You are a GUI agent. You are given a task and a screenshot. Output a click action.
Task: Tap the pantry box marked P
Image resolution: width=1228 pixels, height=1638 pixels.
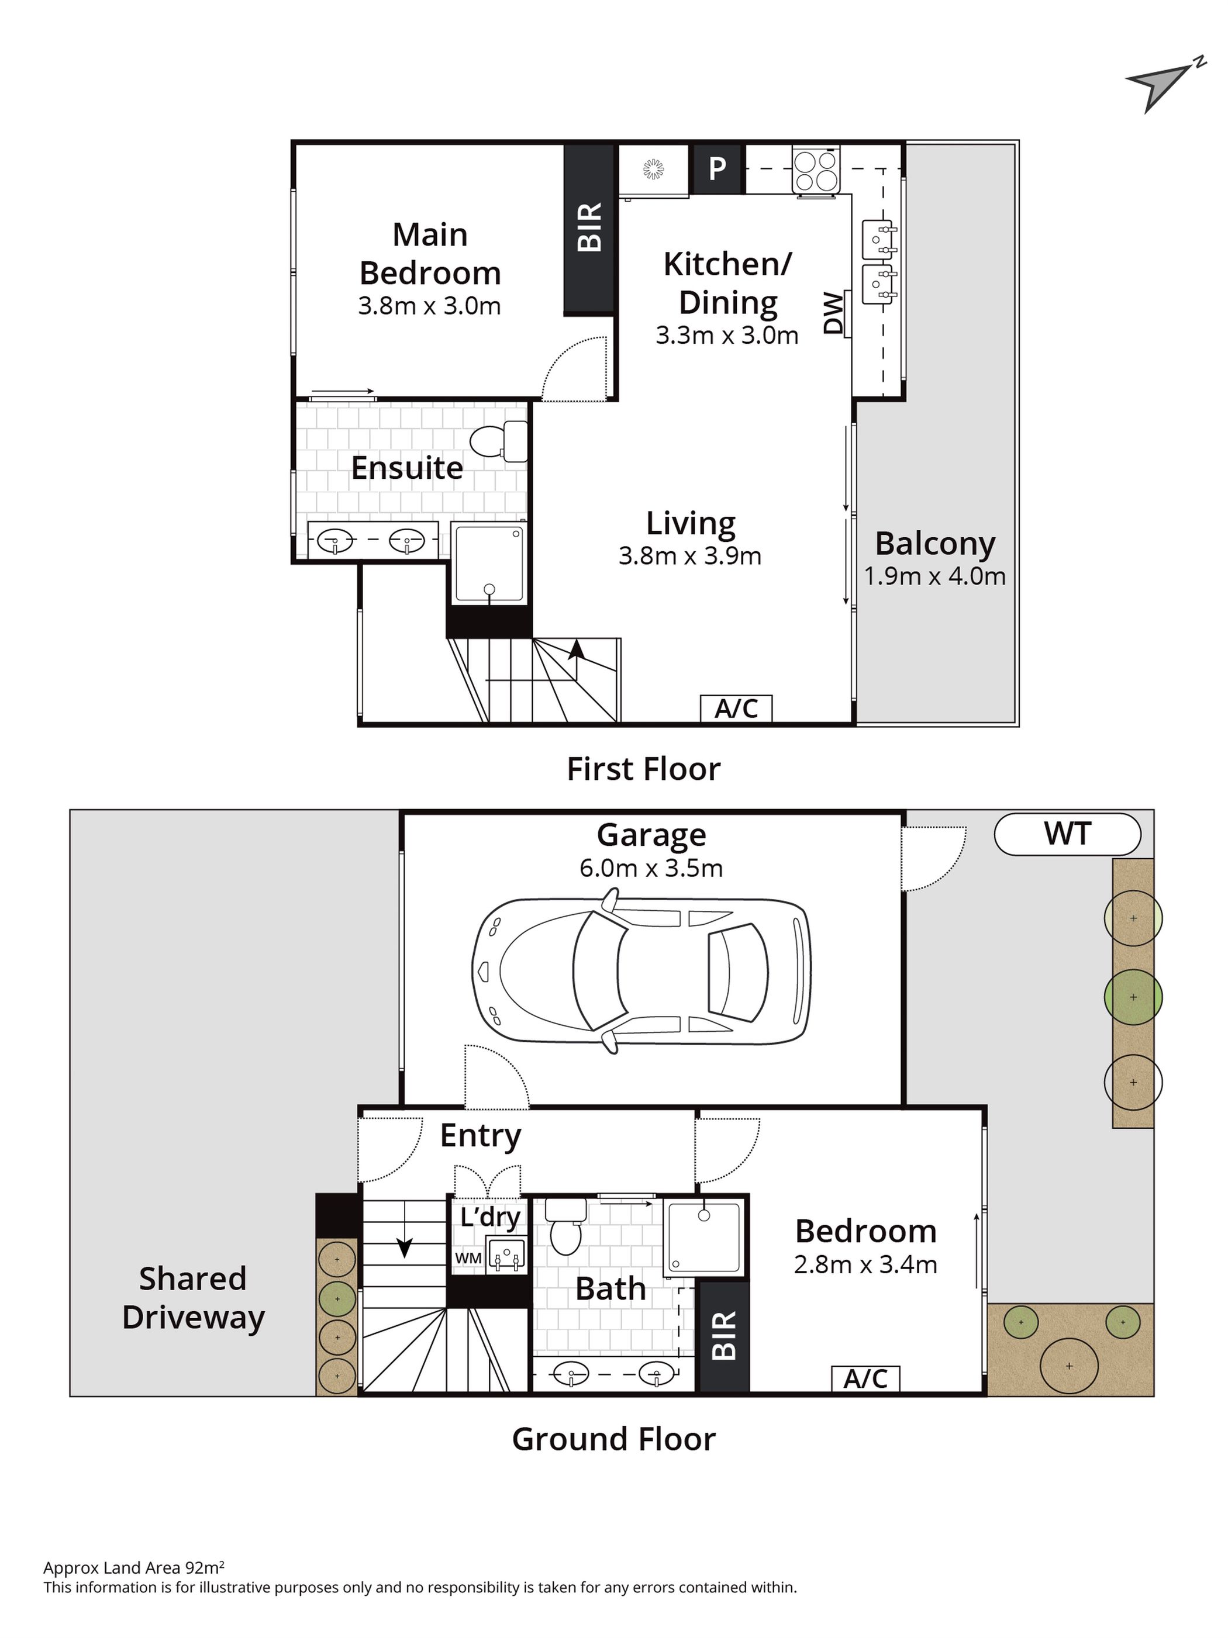[x=716, y=169]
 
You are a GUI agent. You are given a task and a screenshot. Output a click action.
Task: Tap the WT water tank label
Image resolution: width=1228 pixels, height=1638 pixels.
[x=1067, y=834]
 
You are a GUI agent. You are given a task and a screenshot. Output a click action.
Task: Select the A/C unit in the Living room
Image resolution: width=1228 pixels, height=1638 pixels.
[x=736, y=708]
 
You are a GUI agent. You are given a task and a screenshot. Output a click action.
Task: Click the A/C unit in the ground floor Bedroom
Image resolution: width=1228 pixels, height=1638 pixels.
[x=865, y=1378]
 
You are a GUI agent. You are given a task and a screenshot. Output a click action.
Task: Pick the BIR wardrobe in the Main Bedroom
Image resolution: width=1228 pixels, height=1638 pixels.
[x=589, y=228]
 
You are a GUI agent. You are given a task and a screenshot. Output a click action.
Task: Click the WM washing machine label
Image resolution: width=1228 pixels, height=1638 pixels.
[x=468, y=1258]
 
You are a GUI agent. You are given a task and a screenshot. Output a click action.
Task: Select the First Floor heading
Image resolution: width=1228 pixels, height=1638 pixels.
[x=643, y=769]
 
